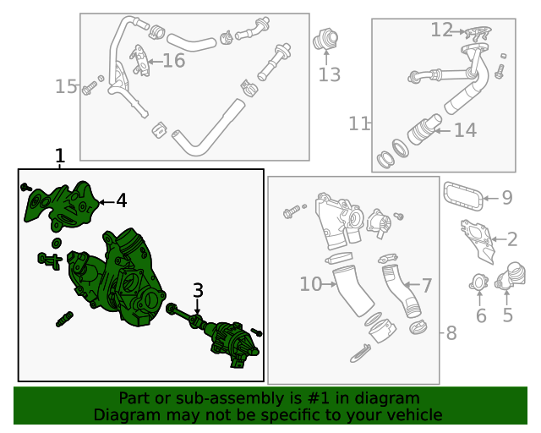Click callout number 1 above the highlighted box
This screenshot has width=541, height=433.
click(x=59, y=156)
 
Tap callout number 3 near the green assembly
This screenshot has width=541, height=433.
click(x=198, y=292)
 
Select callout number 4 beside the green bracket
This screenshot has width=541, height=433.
click(x=121, y=200)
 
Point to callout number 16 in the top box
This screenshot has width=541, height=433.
click(x=172, y=61)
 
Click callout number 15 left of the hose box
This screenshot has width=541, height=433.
click(x=66, y=86)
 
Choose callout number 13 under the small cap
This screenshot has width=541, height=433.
click(x=329, y=74)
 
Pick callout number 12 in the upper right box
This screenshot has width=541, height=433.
click(x=441, y=30)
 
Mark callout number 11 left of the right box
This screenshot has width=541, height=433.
click(x=359, y=123)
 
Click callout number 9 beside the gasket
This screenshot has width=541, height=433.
click(x=506, y=198)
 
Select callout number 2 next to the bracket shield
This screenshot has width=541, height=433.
click(x=512, y=239)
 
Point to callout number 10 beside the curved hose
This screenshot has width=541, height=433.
click(x=310, y=284)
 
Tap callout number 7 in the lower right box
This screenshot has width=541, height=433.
click(x=427, y=286)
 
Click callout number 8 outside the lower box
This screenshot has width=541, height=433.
click(x=451, y=333)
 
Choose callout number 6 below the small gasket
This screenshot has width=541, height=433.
click(x=481, y=316)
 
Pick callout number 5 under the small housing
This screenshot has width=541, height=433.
click(x=507, y=316)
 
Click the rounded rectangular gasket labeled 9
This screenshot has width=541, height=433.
click(x=463, y=197)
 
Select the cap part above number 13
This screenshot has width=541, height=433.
click(x=326, y=39)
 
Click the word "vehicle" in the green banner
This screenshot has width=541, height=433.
click(x=411, y=414)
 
